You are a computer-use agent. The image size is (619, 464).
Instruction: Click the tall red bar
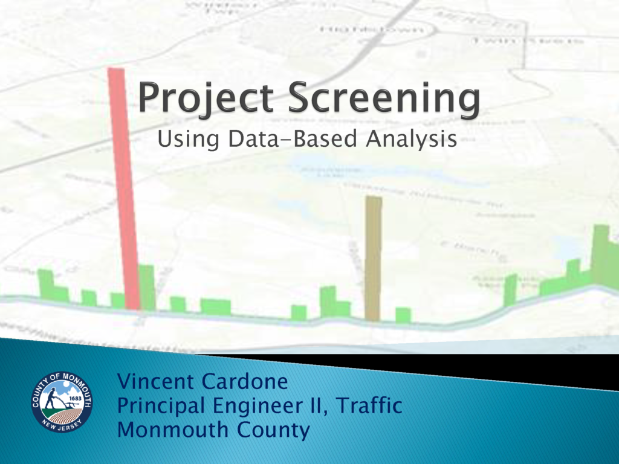124,187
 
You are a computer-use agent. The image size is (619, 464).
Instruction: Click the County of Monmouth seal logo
62,402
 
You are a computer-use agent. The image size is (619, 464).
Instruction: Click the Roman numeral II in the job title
316,406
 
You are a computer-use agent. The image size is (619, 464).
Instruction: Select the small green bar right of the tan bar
403,315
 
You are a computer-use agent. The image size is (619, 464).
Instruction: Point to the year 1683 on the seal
76,399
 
